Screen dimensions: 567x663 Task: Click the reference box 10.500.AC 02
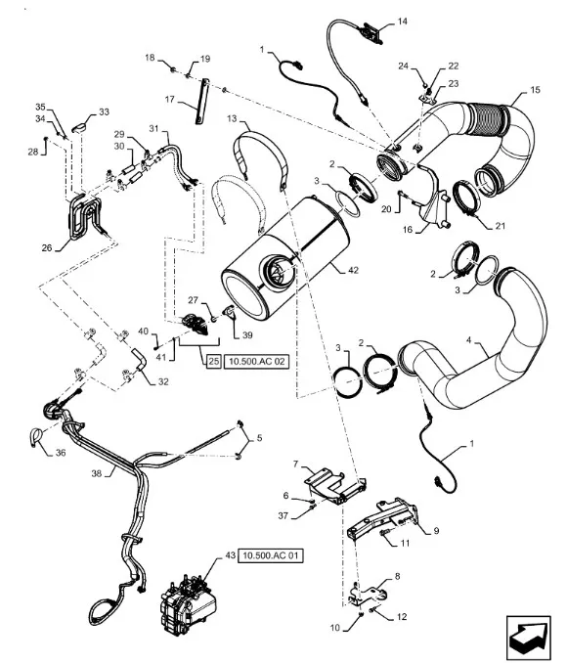tap(257, 361)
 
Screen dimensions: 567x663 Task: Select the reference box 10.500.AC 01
tap(271, 555)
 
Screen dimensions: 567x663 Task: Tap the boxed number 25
tap(214, 361)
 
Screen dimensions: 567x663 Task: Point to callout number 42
tap(354, 270)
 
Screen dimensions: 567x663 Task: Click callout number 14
tap(402, 21)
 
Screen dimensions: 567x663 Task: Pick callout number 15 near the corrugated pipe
tap(535, 90)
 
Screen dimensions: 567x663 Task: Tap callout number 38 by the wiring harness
tap(97, 473)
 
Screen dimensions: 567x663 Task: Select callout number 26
tap(47, 247)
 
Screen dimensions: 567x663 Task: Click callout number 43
tap(230, 555)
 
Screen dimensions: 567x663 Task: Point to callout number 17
tap(169, 100)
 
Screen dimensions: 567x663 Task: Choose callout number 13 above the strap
tap(232, 118)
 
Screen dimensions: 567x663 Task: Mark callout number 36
tap(61, 453)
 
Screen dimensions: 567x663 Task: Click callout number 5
tap(259, 438)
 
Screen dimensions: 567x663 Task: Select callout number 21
tap(501, 226)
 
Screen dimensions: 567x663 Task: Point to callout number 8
tap(397, 576)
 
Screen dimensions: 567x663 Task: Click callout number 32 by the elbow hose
tap(163, 381)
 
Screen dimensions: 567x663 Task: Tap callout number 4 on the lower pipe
tap(468, 340)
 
